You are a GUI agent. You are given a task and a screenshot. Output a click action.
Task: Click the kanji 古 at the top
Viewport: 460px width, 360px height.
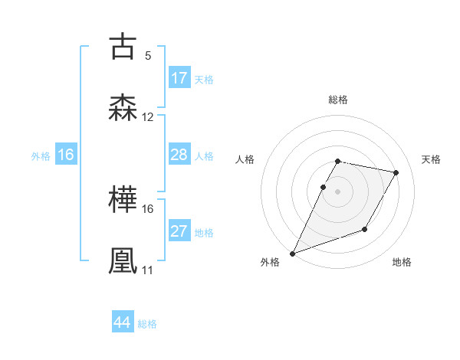[x=123, y=47]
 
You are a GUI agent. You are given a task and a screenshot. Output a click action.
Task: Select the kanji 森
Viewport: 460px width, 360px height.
[x=123, y=107]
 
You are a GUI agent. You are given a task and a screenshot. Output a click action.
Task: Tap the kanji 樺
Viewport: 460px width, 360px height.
[x=123, y=200]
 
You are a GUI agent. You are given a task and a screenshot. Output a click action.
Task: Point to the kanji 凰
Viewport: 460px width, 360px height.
[x=123, y=260]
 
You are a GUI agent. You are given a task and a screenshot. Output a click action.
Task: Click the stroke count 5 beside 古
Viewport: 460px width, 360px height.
[x=148, y=56]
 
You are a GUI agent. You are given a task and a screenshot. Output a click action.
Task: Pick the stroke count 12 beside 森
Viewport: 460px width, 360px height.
[x=148, y=117]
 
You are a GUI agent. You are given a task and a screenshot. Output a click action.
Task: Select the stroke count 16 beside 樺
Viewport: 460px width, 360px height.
[x=148, y=208]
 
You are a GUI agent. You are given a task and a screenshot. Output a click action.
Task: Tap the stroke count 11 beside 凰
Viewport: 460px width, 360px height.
[x=148, y=270]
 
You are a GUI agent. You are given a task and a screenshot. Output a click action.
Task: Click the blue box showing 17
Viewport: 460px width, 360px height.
[x=179, y=78]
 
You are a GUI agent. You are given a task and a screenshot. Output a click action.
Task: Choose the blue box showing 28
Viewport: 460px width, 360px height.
[x=179, y=155]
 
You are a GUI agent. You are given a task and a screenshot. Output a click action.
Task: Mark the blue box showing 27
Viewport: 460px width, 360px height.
[x=179, y=231]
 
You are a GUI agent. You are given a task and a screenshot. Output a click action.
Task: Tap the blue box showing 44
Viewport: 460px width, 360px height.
[x=123, y=322]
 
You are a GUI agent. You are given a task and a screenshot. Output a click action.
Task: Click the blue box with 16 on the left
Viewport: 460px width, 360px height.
[x=66, y=155]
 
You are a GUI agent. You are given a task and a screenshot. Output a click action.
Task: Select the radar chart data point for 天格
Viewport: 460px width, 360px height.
[x=396, y=173]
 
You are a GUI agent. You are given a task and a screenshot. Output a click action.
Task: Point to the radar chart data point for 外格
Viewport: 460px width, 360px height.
[x=292, y=254]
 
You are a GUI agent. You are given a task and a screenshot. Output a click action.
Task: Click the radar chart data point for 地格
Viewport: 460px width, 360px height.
[x=365, y=229]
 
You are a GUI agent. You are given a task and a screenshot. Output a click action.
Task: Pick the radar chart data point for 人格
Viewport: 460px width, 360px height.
[x=323, y=187]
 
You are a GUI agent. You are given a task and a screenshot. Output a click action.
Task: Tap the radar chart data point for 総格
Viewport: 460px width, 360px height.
[x=337, y=162]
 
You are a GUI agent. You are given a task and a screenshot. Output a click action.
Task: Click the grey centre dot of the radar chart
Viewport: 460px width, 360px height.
[x=337, y=191]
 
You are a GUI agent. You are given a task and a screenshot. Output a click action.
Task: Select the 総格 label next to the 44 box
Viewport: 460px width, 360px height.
[x=147, y=324]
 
